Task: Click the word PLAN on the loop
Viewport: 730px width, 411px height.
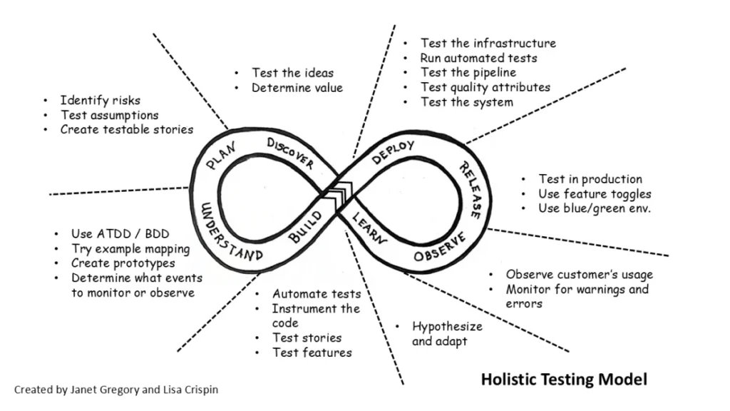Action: click(x=220, y=156)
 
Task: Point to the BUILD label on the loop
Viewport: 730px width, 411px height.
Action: click(x=305, y=228)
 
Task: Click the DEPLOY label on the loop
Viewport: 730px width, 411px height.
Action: click(x=393, y=153)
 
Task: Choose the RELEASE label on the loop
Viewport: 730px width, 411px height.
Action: click(x=469, y=189)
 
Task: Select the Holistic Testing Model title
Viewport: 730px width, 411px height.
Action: click(x=564, y=379)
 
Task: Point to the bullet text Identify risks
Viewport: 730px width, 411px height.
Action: click(x=100, y=100)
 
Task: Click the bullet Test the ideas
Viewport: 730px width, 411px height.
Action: click(x=292, y=73)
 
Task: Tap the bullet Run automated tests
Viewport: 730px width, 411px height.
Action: click(x=478, y=58)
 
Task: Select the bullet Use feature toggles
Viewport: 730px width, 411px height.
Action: click(x=595, y=194)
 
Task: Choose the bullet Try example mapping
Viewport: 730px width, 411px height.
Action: click(x=130, y=249)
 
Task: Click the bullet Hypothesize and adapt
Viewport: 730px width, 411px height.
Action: click(x=447, y=333)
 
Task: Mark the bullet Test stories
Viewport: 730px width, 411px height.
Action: click(x=307, y=338)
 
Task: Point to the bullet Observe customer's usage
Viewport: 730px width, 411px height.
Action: click(x=579, y=275)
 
